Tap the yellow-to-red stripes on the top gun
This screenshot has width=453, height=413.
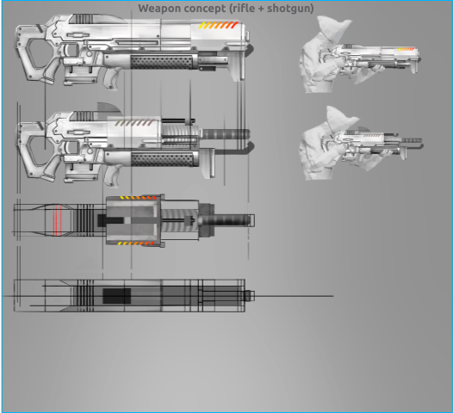[x=219, y=25]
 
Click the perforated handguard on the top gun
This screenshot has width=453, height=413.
[x=162, y=62]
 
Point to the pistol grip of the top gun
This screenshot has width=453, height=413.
[x=112, y=78]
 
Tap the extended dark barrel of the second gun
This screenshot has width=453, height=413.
[x=226, y=134]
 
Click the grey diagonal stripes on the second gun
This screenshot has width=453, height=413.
[x=134, y=123]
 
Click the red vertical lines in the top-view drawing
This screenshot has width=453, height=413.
[x=57, y=220]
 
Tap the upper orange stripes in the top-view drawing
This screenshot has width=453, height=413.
[x=138, y=198]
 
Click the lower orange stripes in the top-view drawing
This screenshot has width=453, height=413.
[x=136, y=243]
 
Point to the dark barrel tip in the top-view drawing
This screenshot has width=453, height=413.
[x=226, y=220]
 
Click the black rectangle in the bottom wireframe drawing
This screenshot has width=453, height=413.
[x=117, y=296]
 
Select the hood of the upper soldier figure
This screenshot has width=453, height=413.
[x=333, y=27]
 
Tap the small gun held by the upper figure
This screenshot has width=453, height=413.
[x=371, y=59]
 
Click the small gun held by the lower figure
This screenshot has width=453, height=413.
[x=373, y=145]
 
